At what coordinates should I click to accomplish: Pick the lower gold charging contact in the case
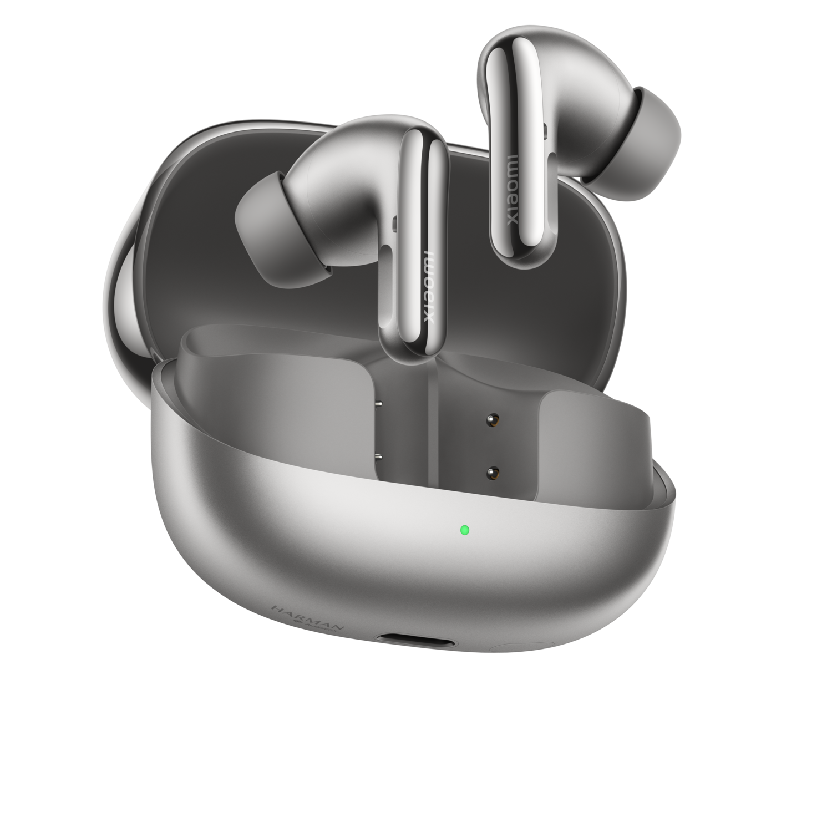click(490, 473)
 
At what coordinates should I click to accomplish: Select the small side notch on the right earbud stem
click(546, 131)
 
